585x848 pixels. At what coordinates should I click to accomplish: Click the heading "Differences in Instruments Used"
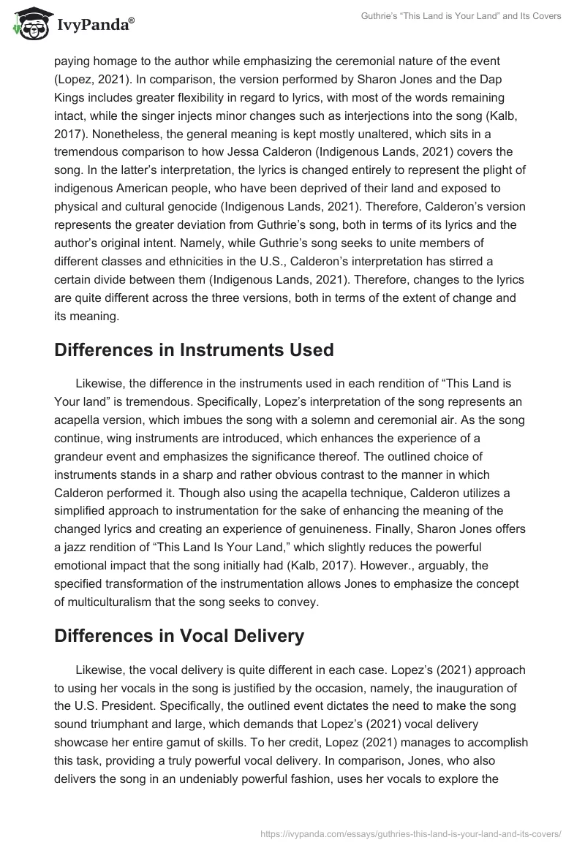click(x=194, y=349)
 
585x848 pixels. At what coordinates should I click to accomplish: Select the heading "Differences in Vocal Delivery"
click(x=179, y=636)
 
